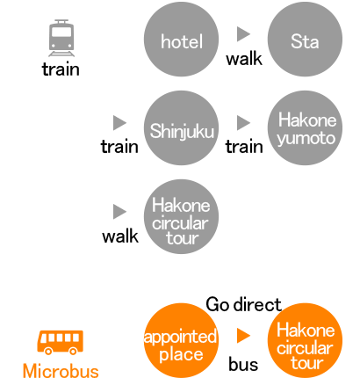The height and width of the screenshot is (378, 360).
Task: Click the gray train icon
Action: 61,38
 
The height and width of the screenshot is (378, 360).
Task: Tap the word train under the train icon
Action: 61,69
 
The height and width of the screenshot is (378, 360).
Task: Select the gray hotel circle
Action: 181,40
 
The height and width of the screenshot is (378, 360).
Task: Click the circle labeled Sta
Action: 305,40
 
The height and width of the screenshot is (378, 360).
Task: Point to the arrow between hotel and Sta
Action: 243,34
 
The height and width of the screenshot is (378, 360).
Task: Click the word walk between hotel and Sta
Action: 244,59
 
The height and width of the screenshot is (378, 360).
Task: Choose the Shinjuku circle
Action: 181,127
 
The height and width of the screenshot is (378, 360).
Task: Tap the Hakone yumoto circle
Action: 305,127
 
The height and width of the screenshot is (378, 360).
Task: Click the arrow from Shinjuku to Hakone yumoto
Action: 243,123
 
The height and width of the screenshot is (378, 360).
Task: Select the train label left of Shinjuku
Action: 119,147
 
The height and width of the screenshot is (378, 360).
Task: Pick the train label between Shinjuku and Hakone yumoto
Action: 244,147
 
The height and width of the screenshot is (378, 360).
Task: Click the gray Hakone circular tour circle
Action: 181,216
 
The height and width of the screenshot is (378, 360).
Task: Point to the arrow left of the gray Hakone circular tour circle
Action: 119,212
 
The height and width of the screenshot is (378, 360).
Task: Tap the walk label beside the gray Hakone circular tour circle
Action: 120,236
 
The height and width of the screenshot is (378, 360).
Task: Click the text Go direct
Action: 243,304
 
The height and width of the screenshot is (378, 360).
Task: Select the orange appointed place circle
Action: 181,340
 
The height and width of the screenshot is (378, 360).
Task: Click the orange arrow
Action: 243,336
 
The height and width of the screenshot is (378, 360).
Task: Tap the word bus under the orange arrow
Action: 243,365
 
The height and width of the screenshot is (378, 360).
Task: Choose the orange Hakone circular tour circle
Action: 305,340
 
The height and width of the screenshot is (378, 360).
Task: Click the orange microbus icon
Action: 60,343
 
